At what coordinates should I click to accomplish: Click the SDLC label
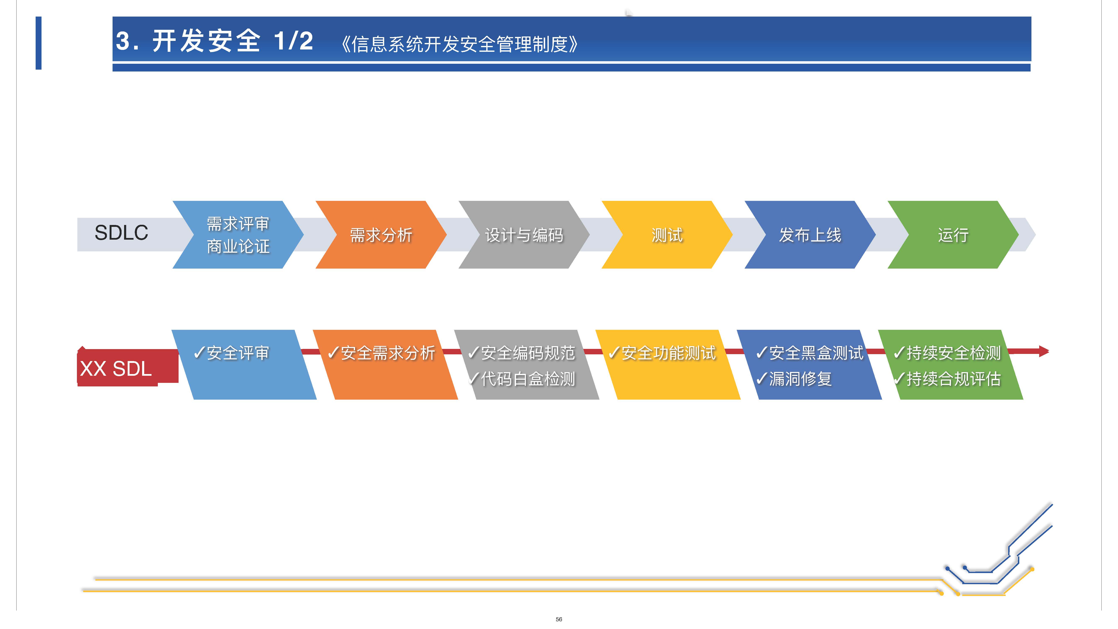pyautogui.click(x=122, y=233)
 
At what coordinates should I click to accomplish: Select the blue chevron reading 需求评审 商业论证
pyautogui.click(x=238, y=235)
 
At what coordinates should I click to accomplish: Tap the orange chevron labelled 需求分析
pyautogui.click(x=381, y=235)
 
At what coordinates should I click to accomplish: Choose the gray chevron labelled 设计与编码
pyautogui.click(x=524, y=235)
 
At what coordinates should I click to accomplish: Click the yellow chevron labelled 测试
pyautogui.click(x=667, y=235)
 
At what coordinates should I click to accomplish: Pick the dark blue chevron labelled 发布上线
pyautogui.click(x=810, y=235)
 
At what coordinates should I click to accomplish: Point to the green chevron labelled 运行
pyautogui.click(x=953, y=235)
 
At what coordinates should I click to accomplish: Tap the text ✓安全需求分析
pyautogui.click(x=381, y=353)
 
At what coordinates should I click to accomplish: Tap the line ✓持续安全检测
pyautogui.click(x=947, y=353)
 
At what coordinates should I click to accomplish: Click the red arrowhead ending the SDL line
pyautogui.click(x=1044, y=351)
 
